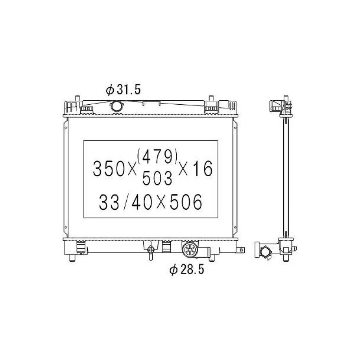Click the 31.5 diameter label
click(123, 90)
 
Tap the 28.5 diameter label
click(187, 270)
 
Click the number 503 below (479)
click(157, 179)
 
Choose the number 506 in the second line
click(186, 202)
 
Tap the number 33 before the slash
click(109, 202)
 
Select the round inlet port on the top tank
click(117, 106)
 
